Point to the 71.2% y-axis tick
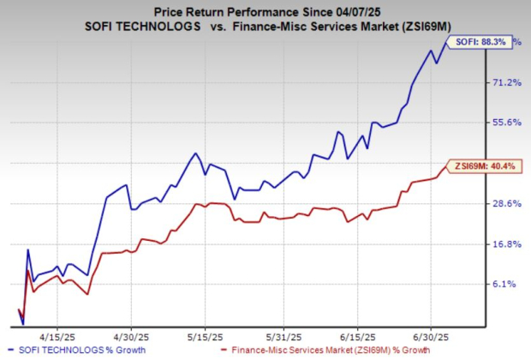tap(502, 82)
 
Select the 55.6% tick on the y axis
tap(502, 123)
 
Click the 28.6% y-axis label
tap(502, 204)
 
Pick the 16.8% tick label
tap(502, 244)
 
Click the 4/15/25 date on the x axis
tap(57, 335)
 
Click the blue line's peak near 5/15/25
tap(196, 153)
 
